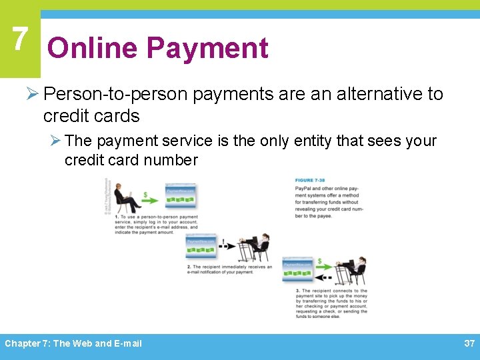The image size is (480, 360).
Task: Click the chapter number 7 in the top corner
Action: click(19, 39)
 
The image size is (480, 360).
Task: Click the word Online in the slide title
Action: click(92, 49)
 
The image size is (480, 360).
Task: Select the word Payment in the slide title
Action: click(207, 49)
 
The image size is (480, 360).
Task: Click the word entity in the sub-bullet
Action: click(330, 141)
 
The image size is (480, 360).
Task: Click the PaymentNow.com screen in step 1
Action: click(181, 196)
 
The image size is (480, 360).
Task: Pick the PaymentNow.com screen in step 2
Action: click(201, 246)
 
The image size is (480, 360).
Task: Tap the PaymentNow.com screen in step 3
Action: click(297, 270)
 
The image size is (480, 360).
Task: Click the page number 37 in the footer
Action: click(468, 343)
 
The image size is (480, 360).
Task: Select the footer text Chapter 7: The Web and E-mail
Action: click(73, 343)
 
